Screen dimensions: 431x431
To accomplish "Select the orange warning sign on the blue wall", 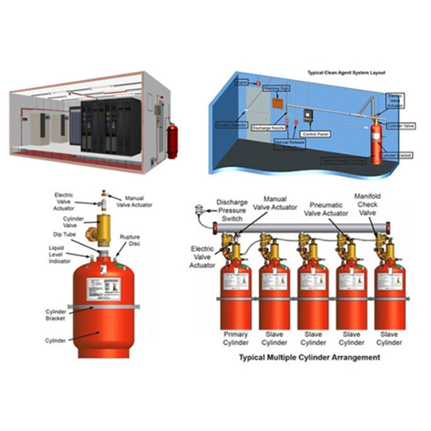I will click(278, 102).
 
